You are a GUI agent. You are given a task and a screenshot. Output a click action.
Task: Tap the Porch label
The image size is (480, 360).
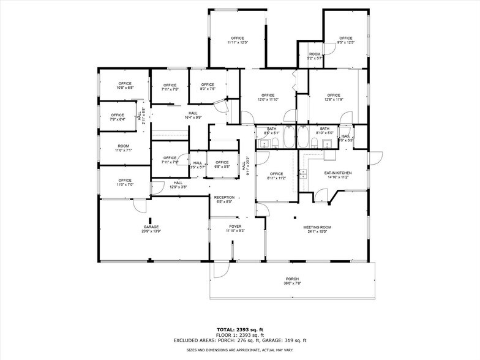coord(292,280)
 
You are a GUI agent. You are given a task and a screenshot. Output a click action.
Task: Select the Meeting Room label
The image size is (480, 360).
coord(317,229)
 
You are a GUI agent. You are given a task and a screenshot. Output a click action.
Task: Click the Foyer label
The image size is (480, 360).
coord(236,228)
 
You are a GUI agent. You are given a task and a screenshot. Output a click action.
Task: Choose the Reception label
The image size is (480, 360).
coord(223,199)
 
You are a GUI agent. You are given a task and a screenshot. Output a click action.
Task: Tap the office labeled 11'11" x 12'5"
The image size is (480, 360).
coord(237,40)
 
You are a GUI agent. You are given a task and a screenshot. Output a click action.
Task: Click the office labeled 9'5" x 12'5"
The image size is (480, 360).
coord(346,40)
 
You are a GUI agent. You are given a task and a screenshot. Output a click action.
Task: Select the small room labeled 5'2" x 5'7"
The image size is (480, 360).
coord(315,56)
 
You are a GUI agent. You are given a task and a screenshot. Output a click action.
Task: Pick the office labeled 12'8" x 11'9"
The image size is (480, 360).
coord(333,97)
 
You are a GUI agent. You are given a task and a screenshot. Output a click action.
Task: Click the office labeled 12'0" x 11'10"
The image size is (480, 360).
coord(268,97)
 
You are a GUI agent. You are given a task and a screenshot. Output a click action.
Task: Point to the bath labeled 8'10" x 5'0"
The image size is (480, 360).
coord(324,130)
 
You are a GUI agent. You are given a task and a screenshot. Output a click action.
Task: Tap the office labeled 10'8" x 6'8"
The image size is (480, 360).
coord(125,86)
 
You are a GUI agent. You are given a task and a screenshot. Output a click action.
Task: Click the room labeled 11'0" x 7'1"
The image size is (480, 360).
coord(124,148)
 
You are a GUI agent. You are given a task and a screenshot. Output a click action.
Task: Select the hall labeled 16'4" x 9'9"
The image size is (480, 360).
coord(193,115)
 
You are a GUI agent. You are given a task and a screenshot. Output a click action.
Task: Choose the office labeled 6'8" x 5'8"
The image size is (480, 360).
coord(222,165)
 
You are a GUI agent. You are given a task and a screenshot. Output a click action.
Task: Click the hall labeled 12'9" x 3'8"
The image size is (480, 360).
coord(178,184)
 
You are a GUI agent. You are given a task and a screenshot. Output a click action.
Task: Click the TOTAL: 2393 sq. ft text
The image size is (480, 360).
coord(239,329)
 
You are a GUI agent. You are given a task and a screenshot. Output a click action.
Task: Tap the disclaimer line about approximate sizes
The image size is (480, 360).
coord(239,350)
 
